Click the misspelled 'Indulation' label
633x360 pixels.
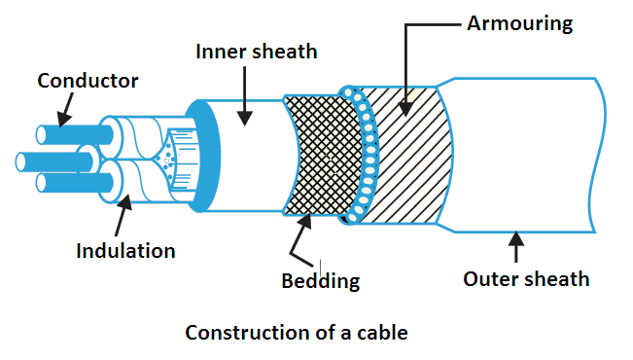(x=126, y=250)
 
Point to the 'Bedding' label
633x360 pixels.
(x=320, y=281)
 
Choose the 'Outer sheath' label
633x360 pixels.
(x=526, y=279)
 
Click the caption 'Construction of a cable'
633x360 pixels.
(x=297, y=333)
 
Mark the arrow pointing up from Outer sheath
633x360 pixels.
(x=515, y=247)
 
